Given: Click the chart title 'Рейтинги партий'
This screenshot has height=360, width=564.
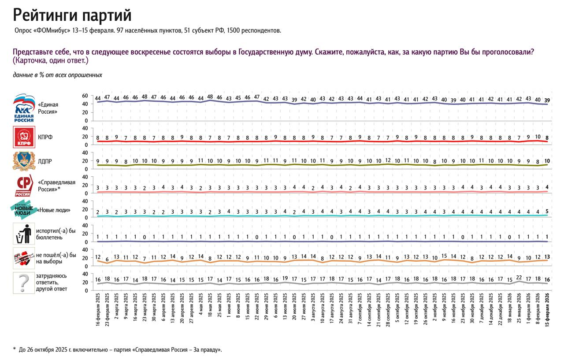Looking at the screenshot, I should click(x=72, y=15).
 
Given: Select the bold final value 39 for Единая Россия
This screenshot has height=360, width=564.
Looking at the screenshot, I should click(x=547, y=100).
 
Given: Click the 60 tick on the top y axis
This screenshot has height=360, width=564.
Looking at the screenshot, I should click(x=85, y=96).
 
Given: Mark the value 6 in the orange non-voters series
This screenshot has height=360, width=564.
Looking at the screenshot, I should click(x=107, y=259).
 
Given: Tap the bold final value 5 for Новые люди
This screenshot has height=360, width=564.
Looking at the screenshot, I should click(x=547, y=211).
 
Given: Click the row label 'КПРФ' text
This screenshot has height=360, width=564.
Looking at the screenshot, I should click(x=45, y=137).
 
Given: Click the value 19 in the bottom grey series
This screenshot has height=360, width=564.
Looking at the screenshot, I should click(x=285, y=278).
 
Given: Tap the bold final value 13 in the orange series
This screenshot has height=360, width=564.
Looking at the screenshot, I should click(x=547, y=256).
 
